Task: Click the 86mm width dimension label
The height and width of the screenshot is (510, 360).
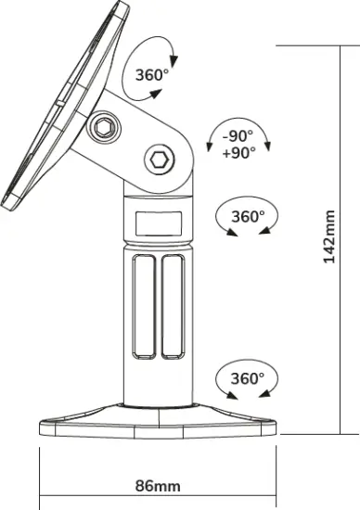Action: coord(158,485)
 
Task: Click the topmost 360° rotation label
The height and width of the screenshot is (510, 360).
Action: coord(150,75)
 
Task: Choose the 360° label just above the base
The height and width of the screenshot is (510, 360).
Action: coord(247,378)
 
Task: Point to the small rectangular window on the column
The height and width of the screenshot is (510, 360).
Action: coord(158,223)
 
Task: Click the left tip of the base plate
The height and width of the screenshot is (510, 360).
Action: coord(42,427)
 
